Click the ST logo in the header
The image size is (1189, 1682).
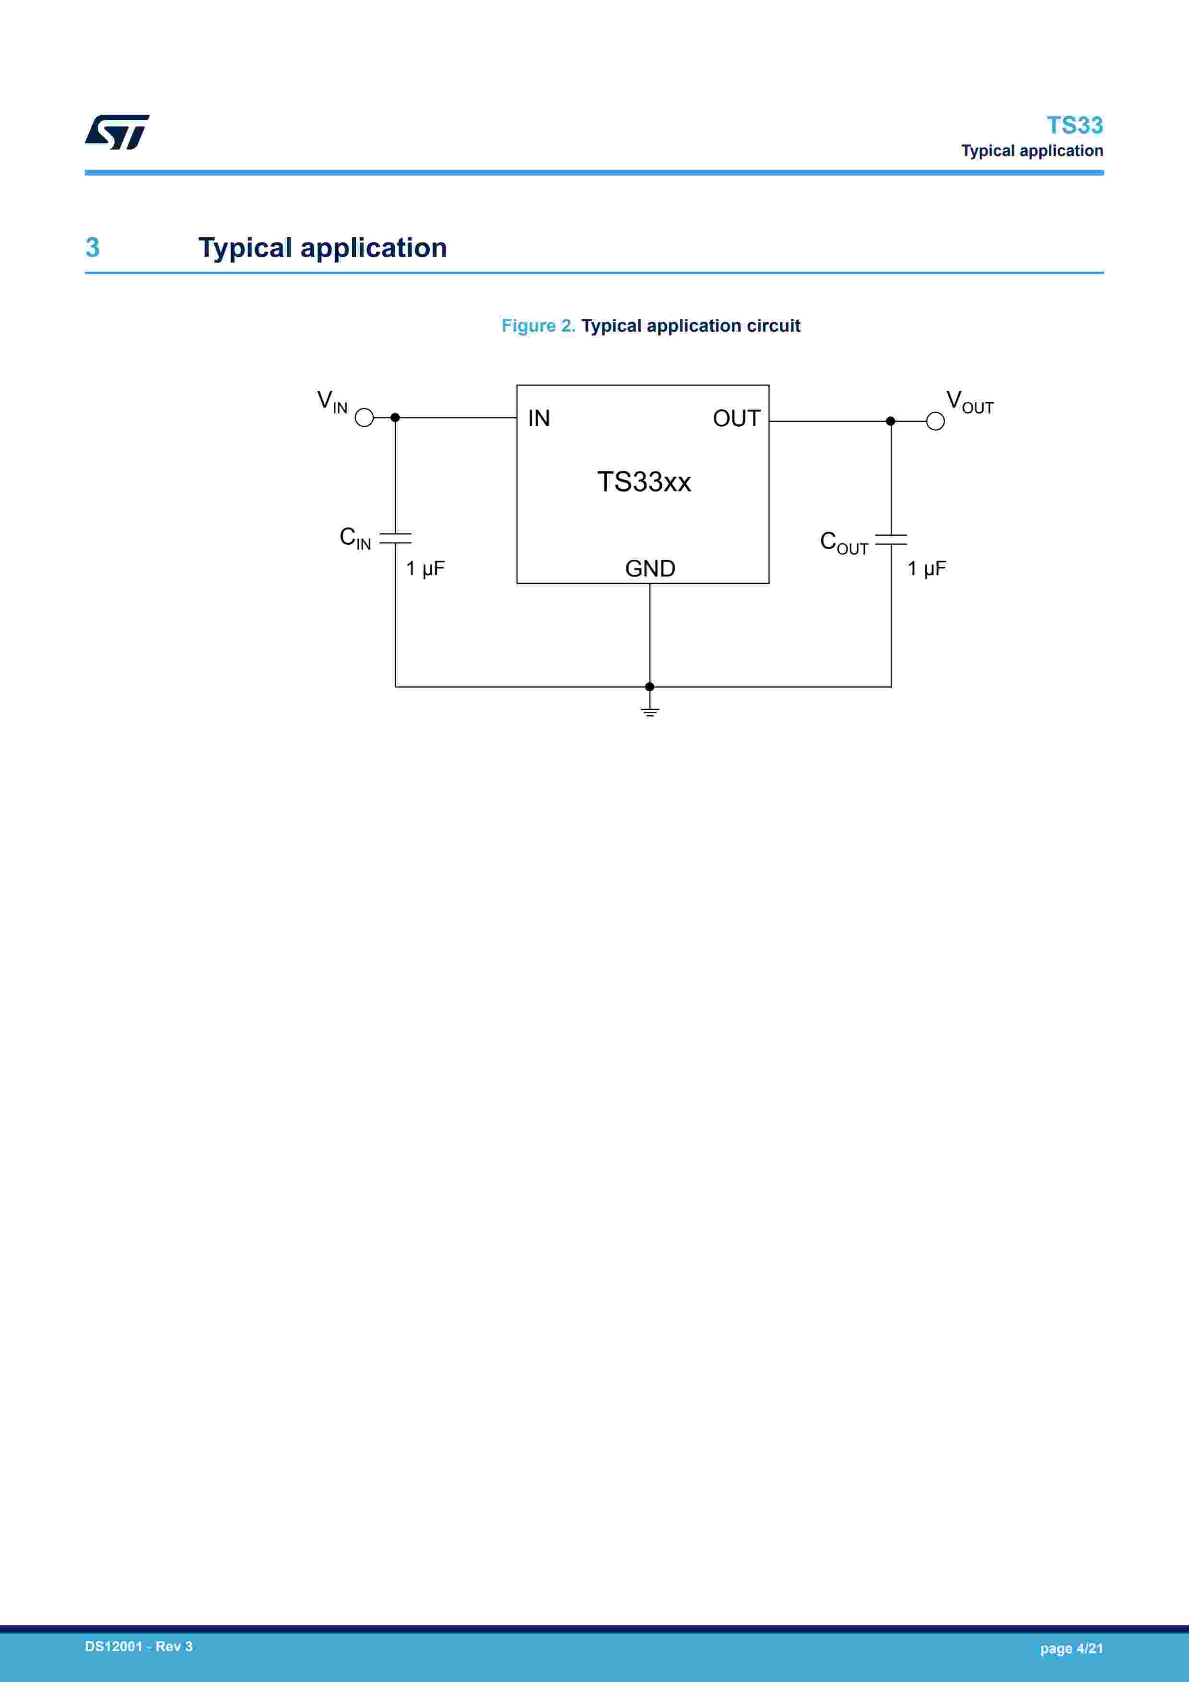[x=117, y=132]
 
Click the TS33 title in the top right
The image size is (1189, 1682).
[x=1074, y=125]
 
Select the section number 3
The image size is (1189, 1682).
[x=92, y=248]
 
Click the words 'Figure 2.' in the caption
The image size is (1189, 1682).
[x=538, y=325]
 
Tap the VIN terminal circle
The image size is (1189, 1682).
[x=364, y=418]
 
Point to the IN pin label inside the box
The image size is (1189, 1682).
[x=539, y=418]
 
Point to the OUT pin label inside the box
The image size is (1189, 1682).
[x=737, y=418]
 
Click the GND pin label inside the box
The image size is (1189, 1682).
[x=650, y=568]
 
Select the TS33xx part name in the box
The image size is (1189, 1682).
[x=644, y=481]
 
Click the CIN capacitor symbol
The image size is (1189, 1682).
[x=395, y=539]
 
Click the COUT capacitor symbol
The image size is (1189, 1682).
[x=891, y=540]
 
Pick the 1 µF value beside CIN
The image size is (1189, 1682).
[x=425, y=568]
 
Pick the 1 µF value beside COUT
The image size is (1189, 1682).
[x=927, y=568]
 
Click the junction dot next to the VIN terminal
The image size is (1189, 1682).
[x=395, y=418]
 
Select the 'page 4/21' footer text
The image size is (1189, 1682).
[x=1071, y=1648]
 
